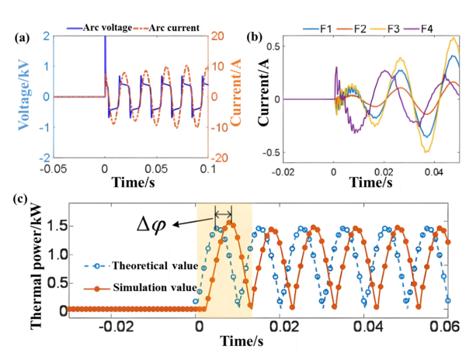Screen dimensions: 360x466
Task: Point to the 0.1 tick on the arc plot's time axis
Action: point(203,170)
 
